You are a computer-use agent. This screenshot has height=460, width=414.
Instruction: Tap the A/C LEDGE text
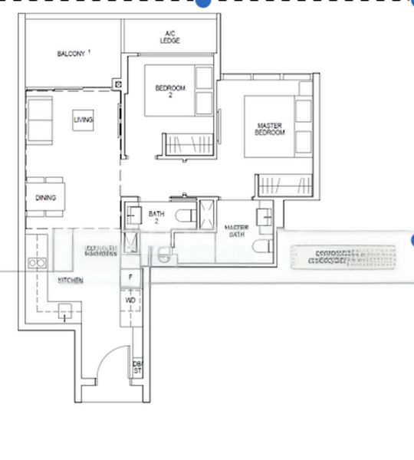point(170,37)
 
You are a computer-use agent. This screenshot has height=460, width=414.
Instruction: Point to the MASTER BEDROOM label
point(270,128)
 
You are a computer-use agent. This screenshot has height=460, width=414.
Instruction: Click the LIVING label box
point(84,120)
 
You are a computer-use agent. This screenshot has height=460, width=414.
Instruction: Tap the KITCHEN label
point(71,281)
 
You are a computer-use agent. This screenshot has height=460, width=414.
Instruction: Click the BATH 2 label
point(156,218)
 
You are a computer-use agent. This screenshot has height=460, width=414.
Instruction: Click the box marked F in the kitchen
point(131,277)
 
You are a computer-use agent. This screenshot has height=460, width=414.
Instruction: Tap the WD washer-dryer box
point(131,300)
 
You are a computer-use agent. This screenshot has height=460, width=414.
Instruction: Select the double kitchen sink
point(36,262)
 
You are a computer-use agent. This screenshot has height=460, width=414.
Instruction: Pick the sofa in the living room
point(41,121)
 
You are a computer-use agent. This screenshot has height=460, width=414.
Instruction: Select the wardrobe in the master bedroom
point(274,185)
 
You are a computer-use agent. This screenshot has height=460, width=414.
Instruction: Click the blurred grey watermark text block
point(339,256)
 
